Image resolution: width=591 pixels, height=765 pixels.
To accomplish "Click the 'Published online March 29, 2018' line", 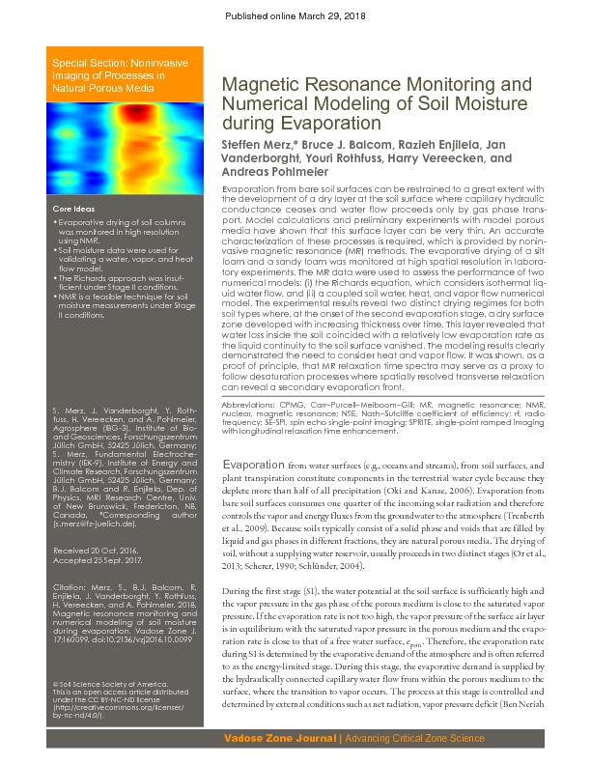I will coord(295,16).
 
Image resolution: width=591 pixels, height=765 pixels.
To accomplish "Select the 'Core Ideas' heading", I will coord(73,209).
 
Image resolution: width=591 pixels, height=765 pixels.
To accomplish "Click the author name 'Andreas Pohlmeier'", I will coord(273,172).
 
